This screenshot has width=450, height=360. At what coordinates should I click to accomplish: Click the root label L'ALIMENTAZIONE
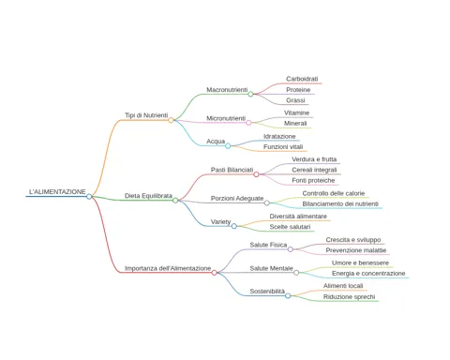(x=57, y=191)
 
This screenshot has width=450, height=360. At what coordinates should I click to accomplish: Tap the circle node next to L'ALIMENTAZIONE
(x=89, y=197)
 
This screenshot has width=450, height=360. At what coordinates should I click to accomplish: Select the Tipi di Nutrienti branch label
(x=146, y=115)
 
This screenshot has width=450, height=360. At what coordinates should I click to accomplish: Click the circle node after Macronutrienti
(x=250, y=94)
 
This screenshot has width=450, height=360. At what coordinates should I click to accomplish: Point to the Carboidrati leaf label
(x=302, y=79)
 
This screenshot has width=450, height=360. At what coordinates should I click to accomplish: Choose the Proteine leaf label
(x=298, y=90)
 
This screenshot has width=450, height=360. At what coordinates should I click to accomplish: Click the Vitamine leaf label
(x=296, y=112)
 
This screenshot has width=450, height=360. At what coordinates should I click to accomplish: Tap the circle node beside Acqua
(x=228, y=146)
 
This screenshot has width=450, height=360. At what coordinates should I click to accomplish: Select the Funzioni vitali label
(x=283, y=147)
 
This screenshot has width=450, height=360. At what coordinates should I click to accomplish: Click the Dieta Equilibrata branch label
(x=148, y=196)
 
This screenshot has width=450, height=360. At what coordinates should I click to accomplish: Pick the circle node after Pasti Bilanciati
(x=256, y=174)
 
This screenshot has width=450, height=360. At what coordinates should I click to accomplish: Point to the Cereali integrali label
(x=314, y=170)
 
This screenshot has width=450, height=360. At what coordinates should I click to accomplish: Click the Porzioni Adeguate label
(x=237, y=199)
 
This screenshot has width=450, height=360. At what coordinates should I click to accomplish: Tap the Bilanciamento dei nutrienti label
(x=340, y=204)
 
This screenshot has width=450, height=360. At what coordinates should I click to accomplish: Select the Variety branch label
(x=220, y=222)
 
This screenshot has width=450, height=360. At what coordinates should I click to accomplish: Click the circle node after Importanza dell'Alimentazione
(x=214, y=273)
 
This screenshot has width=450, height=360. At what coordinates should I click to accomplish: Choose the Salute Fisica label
(x=268, y=245)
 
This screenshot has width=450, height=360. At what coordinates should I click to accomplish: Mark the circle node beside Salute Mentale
(x=296, y=273)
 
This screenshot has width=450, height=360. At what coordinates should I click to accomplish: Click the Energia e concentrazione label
(x=368, y=274)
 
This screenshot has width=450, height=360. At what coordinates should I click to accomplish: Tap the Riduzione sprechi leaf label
(x=349, y=297)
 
